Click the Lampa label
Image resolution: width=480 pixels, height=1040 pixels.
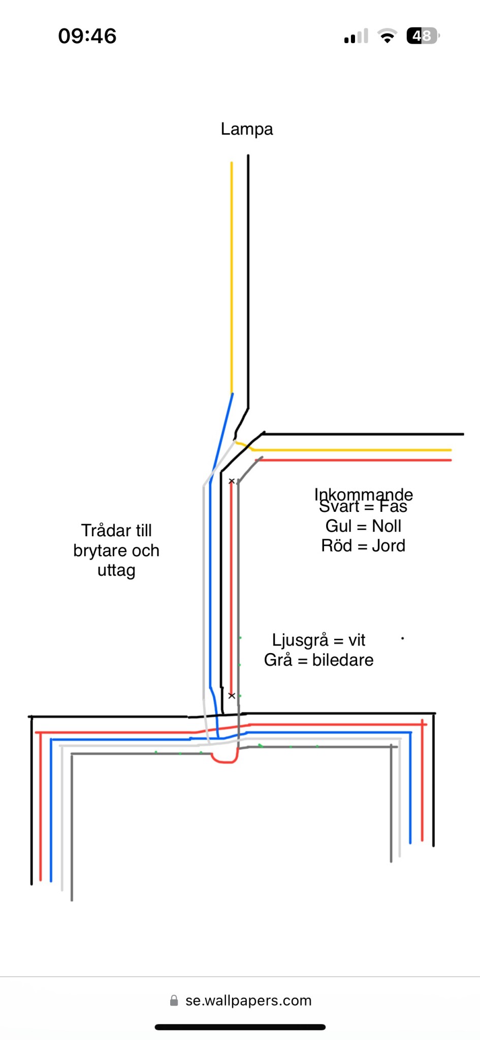[246, 129]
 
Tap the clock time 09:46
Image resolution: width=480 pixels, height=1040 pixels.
[87, 36]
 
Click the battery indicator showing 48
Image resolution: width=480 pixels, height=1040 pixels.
[422, 36]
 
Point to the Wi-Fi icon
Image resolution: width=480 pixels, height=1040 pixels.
[387, 36]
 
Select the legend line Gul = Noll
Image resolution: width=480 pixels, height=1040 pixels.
[363, 526]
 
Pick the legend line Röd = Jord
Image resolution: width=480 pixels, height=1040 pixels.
[363, 546]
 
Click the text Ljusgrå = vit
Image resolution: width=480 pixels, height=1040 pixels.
[318, 640]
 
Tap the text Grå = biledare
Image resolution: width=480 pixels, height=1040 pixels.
[318, 660]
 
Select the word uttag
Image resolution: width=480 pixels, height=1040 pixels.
[116, 571]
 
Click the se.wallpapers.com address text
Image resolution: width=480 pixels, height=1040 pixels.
[248, 1000]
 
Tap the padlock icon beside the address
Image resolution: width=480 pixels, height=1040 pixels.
[174, 1000]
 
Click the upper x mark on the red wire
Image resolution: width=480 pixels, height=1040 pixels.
[232, 481]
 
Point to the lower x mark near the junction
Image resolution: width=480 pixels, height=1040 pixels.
[232, 696]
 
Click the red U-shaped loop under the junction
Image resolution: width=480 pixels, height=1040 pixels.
[225, 760]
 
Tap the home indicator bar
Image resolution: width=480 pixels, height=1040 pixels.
[240, 1027]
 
